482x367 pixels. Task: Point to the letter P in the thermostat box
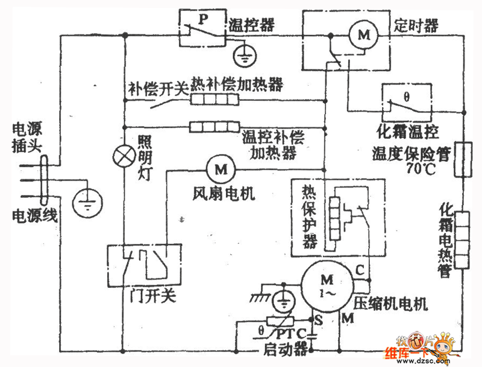point(204,19)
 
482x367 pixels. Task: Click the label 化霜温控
point(408,131)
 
